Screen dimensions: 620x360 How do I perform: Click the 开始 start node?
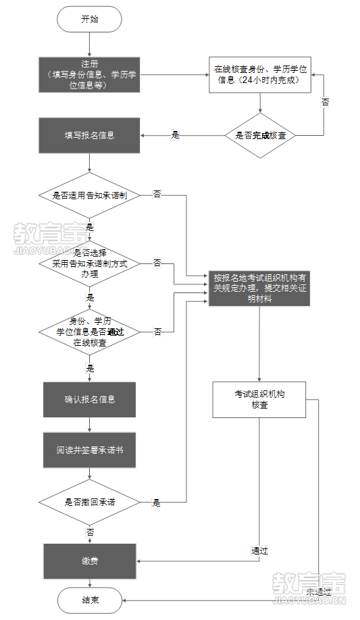(90, 20)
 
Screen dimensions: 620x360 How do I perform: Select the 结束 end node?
(90, 600)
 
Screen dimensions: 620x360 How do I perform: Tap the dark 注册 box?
(90, 74)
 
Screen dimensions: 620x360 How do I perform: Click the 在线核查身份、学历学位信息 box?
(260, 74)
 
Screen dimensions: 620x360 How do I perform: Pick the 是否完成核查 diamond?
(260, 135)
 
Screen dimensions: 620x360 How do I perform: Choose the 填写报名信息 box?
(90, 135)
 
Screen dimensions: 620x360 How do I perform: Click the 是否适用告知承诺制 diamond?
(90, 195)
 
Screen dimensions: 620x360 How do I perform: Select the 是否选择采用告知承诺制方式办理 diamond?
(90, 263)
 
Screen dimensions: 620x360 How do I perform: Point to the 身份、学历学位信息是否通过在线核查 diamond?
(90, 332)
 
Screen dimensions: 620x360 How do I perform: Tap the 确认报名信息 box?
(90, 399)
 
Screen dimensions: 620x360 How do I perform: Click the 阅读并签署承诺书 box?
(90, 450)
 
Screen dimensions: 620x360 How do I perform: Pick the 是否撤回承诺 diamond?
(90, 502)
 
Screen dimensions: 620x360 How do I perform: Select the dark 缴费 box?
(90, 561)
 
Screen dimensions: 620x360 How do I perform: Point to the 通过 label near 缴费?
(260, 551)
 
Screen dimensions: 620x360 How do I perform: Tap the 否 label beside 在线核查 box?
(325, 103)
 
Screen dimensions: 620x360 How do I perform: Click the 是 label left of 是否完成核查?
(176, 135)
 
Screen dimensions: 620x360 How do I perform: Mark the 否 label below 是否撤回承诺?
(90, 533)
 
